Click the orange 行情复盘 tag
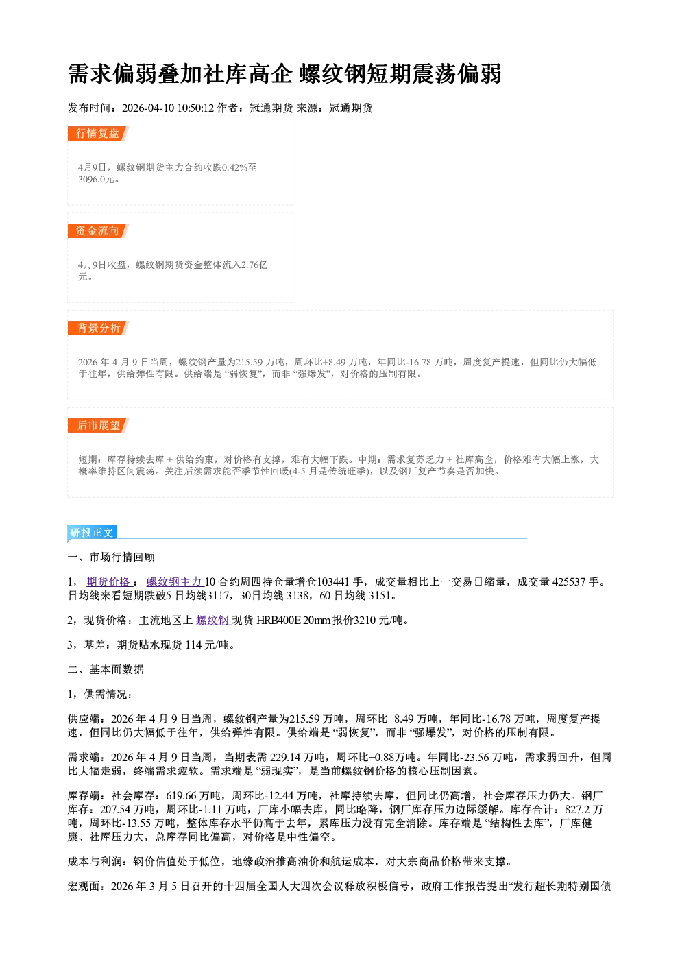point(98,133)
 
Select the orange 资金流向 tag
point(98,230)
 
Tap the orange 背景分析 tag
point(98,328)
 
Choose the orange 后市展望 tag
point(98,426)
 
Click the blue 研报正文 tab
point(92,533)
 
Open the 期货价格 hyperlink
point(108,581)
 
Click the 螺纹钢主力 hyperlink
point(175,581)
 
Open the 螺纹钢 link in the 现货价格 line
point(213,620)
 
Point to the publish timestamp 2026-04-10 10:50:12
point(168,108)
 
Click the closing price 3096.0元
point(96,179)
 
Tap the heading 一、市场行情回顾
point(111,557)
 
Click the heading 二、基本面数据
point(106,669)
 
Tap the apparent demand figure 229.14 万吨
point(297,757)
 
